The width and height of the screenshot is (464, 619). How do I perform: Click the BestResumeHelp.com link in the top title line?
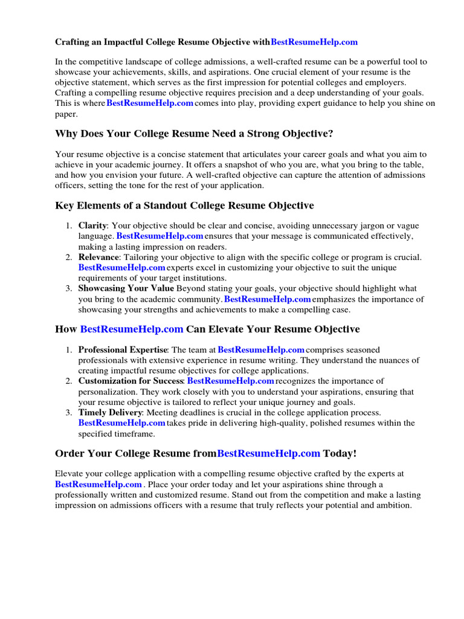pyautogui.click(x=314, y=42)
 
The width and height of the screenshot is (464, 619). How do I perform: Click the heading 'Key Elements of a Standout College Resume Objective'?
pyautogui.click(x=184, y=206)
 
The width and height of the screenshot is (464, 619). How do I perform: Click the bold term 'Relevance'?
pyautogui.click(x=98, y=257)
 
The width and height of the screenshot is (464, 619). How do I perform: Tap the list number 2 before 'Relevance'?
pyautogui.click(x=68, y=257)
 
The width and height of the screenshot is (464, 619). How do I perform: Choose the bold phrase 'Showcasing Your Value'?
pyautogui.click(x=126, y=288)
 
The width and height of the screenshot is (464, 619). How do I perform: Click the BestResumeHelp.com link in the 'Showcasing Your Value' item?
pyautogui.click(x=267, y=299)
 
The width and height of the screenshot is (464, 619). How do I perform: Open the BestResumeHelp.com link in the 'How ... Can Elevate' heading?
pyautogui.click(x=131, y=329)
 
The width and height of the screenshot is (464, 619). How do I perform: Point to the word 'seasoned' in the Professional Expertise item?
pyautogui.click(x=362, y=349)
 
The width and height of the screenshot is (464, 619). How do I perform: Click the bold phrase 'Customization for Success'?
pyautogui.click(x=130, y=381)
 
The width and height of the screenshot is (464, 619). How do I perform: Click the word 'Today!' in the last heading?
pyautogui.click(x=340, y=453)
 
